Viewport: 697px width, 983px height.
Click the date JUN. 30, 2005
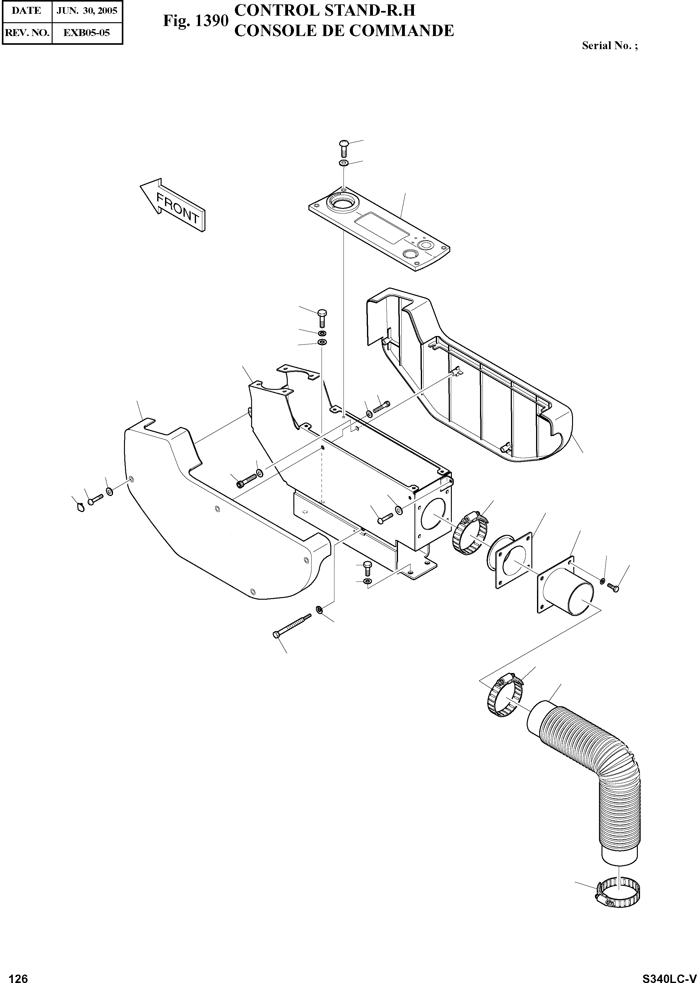click(x=87, y=11)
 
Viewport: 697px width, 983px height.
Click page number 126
click(x=18, y=975)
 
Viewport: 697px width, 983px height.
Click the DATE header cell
click(x=26, y=11)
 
